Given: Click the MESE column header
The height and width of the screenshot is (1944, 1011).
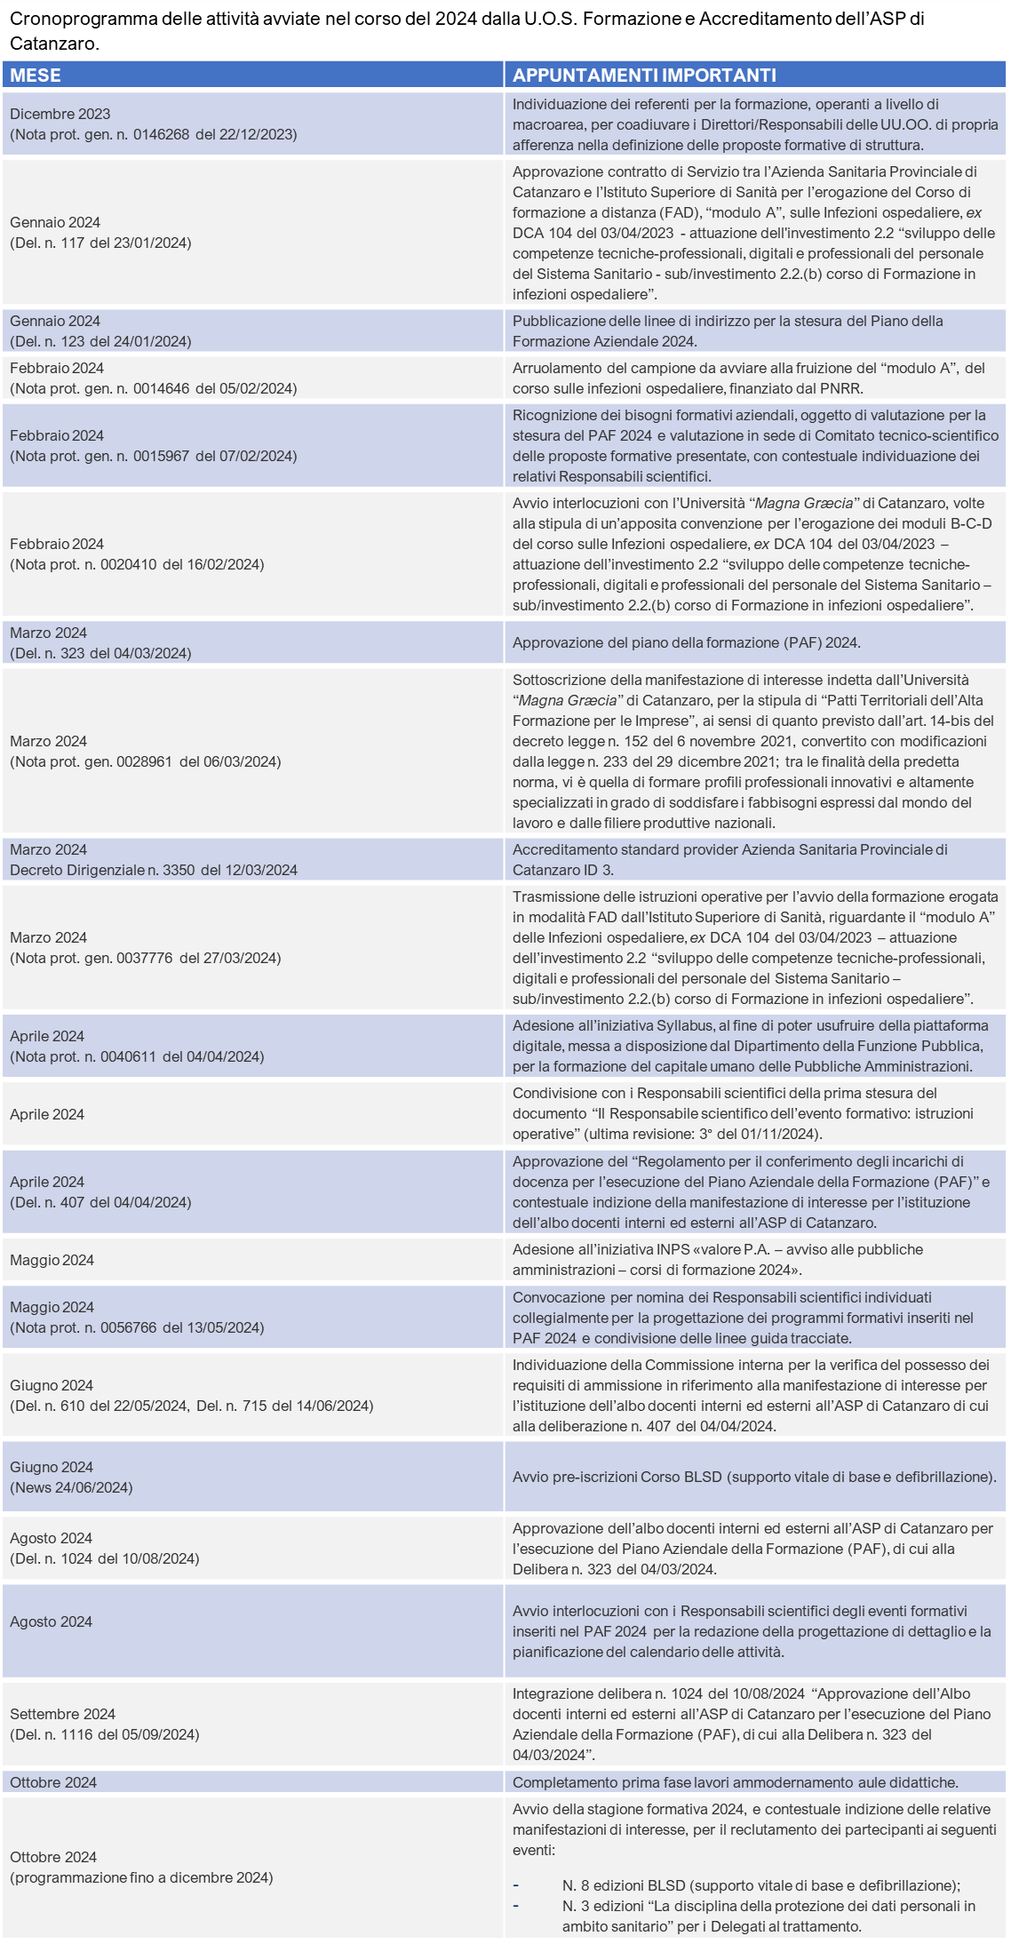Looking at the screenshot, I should tap(36, 76).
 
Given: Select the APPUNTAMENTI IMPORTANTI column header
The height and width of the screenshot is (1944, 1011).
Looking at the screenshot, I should tap(644, 76).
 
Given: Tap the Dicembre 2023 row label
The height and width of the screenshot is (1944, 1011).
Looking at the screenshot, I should tap(60, 114).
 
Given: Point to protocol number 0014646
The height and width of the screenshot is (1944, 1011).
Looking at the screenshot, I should tap(161, 388).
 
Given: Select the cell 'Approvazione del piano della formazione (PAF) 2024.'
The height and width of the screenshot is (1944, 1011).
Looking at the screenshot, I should tap(686, 642).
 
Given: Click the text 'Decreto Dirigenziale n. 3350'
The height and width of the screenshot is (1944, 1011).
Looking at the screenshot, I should tap(102, 870).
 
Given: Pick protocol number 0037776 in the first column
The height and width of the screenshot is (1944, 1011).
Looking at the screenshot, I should tap(144, 958).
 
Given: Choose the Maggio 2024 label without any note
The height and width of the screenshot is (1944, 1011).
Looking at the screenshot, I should tap(52, 1260).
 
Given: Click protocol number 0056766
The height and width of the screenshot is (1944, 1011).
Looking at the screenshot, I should tap(128, 1327).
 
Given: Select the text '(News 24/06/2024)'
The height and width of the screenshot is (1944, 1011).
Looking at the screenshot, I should tap(71, 1487).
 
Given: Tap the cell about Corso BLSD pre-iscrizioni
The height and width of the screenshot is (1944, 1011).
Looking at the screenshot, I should tap(753, 1477).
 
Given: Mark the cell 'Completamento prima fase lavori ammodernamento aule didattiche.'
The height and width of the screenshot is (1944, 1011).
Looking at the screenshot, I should tap(735, 1782).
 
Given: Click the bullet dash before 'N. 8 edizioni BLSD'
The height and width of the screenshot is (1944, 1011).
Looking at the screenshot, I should tap(516, 1885).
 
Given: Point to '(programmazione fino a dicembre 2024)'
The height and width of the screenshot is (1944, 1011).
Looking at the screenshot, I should tap(141, 1877).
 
